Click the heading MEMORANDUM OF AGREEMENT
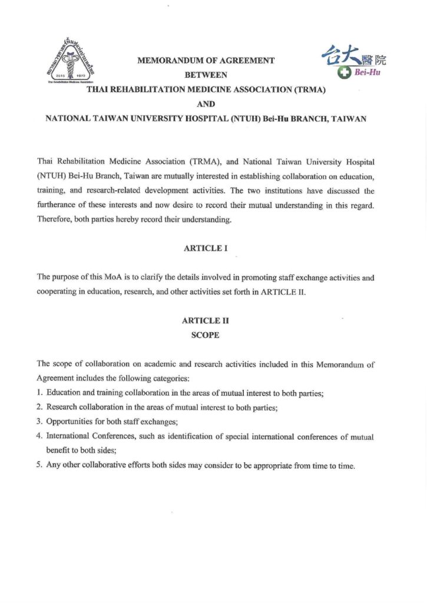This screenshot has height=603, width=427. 206,60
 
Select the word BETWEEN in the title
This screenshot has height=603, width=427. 206,75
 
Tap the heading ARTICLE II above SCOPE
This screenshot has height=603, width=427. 206,321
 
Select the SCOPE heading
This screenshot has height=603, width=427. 206,335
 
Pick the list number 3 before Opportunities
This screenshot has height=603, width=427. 39,422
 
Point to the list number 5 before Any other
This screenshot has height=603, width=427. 39,466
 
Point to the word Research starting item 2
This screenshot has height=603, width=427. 61,408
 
